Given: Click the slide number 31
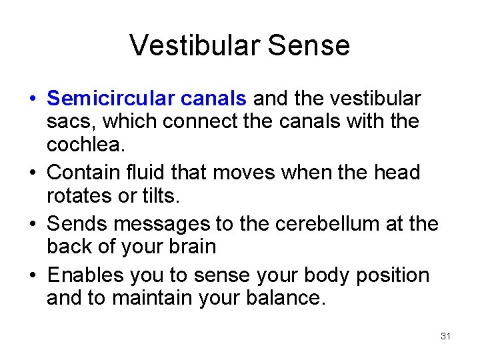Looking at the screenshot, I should coord(446,336).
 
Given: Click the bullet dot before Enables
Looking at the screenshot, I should coord(32,275).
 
